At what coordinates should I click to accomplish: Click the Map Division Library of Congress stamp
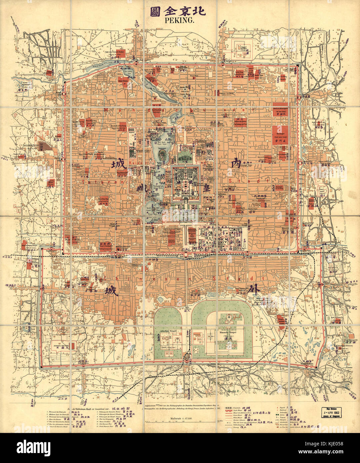(333, 413)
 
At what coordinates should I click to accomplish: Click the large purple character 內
(236, 163)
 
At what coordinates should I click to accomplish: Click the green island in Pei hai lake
(162, 155)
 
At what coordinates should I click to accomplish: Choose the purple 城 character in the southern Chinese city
(111, 291)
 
